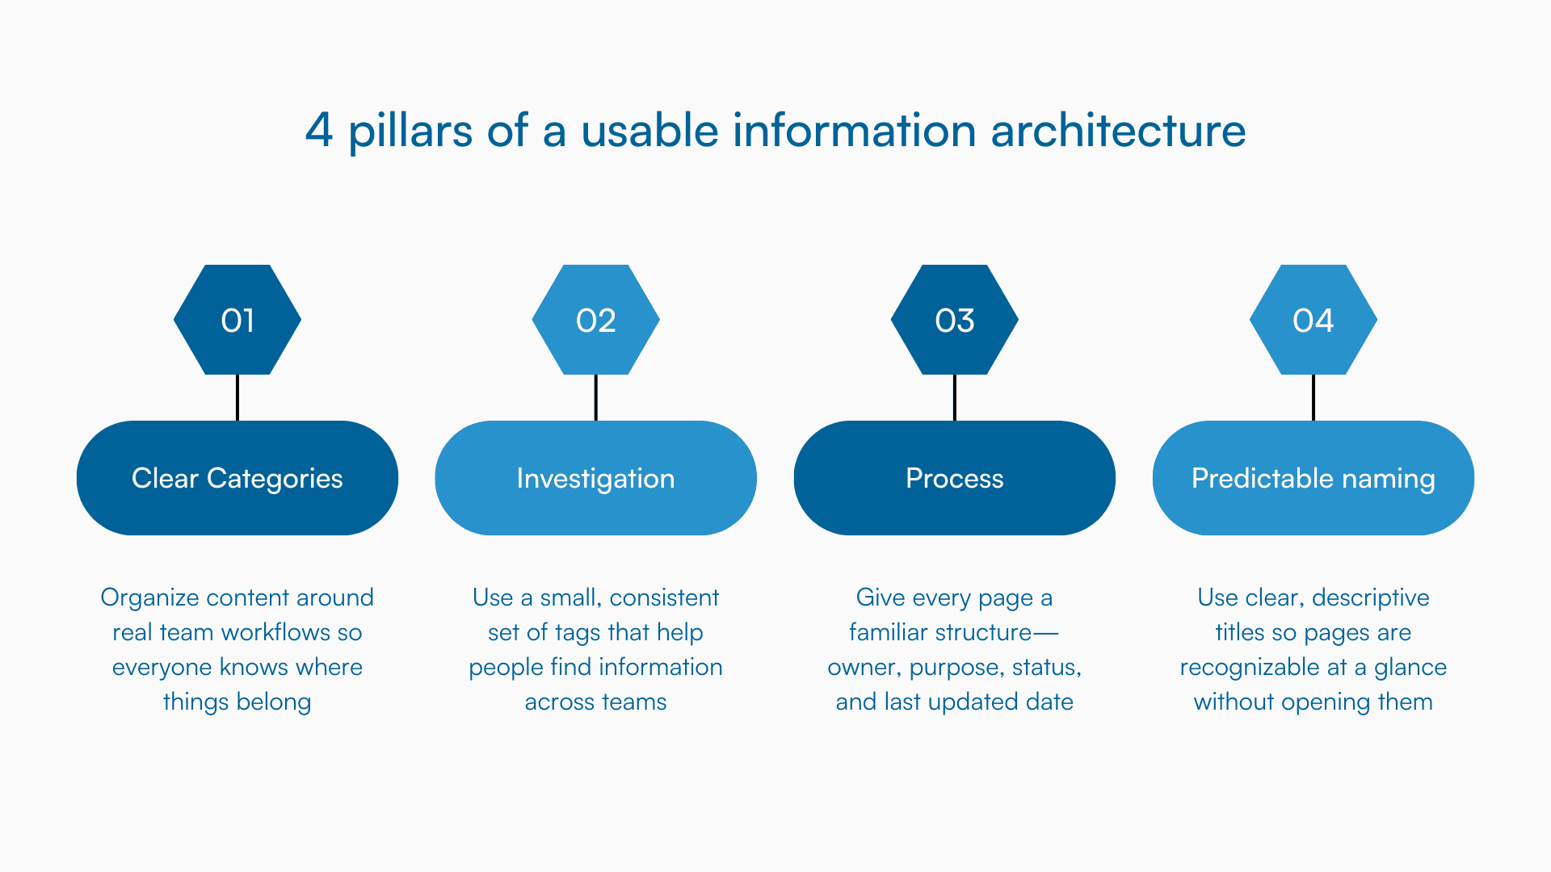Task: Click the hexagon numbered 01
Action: tap(237, 320)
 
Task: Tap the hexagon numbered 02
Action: tap(596, 320)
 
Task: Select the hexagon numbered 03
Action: tap(955, 320)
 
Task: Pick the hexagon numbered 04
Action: tap(1314, 320)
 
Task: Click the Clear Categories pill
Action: tap(237, 478)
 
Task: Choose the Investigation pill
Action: tap(596, 478)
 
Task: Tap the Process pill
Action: tap(955, 478)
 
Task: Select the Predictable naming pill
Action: tap(1314, 478)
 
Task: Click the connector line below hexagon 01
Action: tap(237, 397)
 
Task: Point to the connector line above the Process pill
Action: tap(955, 397)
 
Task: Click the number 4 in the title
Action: tap(319, 130)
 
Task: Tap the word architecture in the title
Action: tap(1118, 130)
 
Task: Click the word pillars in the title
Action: tap(410, 130)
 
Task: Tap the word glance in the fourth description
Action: tap(1410, 667)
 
